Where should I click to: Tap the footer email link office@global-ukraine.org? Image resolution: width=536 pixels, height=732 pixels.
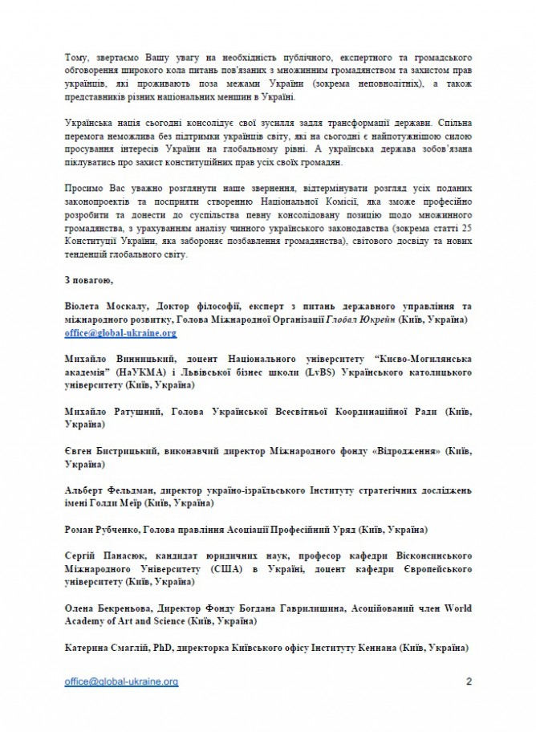(x=121, y=681)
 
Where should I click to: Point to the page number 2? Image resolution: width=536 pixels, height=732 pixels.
(x=469, y=681)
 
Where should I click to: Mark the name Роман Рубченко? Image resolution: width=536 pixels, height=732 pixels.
(x=98, y=530)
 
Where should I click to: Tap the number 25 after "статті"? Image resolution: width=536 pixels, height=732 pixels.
(x=464, y=230)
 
